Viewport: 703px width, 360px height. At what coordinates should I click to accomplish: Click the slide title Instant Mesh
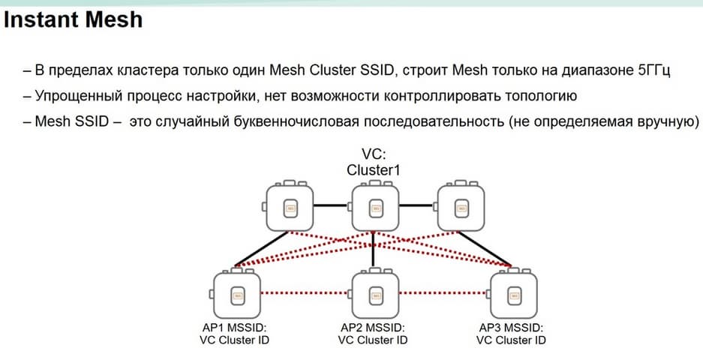(x=73, y=19)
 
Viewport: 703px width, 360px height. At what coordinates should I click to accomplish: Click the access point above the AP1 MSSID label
(x=236, y=295)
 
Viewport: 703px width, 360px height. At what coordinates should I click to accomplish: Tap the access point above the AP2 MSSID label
(x=374, y=295)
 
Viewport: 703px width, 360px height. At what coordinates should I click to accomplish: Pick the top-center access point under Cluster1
(x=374, y=206)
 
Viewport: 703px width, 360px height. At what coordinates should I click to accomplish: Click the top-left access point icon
(x=289, y=206)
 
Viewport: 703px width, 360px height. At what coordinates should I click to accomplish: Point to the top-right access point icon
(x=459, y=206)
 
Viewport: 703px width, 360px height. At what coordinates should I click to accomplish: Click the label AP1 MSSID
(x=236, y=328)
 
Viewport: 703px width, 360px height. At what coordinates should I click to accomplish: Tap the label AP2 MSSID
(x=373, y=328)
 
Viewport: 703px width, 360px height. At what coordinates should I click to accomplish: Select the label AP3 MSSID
(x=511, y=328)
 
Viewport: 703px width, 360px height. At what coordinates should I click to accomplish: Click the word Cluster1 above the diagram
(x=373, y=170)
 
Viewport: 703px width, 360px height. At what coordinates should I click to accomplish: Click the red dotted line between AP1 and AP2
(x=305, y=292)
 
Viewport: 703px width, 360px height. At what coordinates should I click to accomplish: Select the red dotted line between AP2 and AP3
(x=443, y=292)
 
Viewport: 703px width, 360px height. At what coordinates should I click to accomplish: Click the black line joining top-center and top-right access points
(x=416, y=205)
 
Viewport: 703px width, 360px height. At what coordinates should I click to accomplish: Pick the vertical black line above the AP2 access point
(x=374, y=251)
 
